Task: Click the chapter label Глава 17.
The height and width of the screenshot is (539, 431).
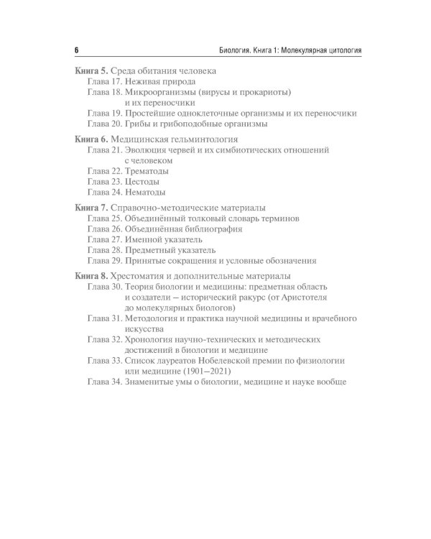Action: (x=104, y=83)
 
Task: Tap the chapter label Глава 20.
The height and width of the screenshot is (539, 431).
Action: (x=104, y=124)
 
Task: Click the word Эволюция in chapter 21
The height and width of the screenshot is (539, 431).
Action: (x=147, y=151)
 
